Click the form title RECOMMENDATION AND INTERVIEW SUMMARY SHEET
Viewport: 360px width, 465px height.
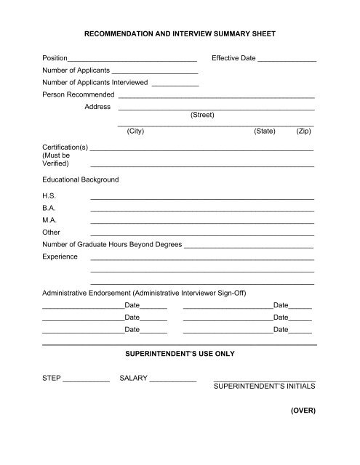click(x=180, y=33)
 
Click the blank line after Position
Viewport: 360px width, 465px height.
click(x=132, y=59)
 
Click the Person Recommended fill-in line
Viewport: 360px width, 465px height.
click(x=216, y=96)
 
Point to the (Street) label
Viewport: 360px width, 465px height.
click(x=201, y=115)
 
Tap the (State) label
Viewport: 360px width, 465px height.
click(x=264, y=132)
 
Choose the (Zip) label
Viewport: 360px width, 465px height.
click(x=303, y=132)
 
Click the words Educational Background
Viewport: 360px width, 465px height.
click(x=81, y=179)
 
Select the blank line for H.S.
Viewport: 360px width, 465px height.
click(x=201, y=198)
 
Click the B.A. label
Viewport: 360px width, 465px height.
click(x=49, y=209)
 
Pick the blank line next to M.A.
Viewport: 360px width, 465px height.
click(x=201, y=221)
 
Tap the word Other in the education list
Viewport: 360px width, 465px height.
click(x=51, y=232)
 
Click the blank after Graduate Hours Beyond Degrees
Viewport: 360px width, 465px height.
click(x=249, y=246)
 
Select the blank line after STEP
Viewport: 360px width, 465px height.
click(x=87, y=380)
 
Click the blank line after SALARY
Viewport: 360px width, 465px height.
click(x=172, y=380)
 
